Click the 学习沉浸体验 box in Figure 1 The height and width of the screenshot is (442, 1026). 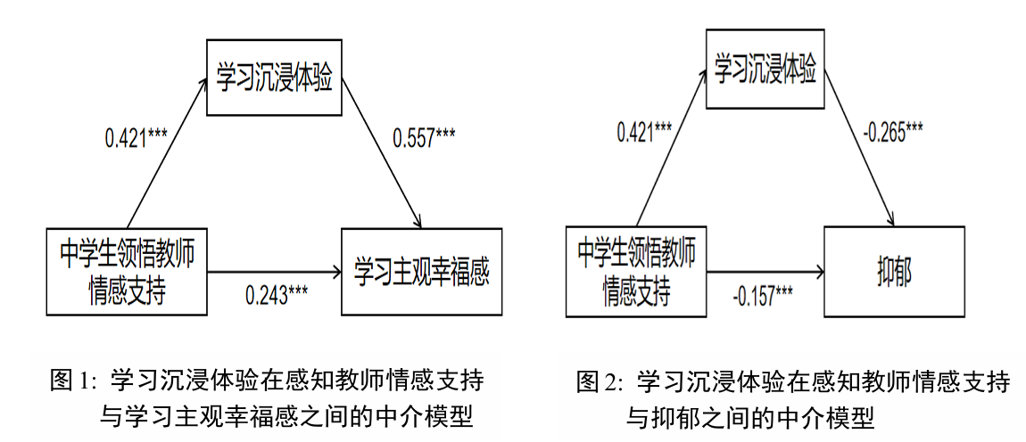(x=275, y=78)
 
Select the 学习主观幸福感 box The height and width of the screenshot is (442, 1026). (x=421, y=272)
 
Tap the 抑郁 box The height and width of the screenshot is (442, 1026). (x=894, y=272)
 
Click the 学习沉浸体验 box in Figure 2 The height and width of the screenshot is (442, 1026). (x=765, y=70)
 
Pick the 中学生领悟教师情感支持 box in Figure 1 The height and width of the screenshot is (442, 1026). (x=127, y=272)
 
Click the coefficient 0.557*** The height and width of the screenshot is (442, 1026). (x=425, y=138)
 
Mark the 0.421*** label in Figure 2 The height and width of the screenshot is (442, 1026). (x=645, y=133)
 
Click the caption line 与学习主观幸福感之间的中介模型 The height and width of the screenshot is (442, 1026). (x=285, y=416)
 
